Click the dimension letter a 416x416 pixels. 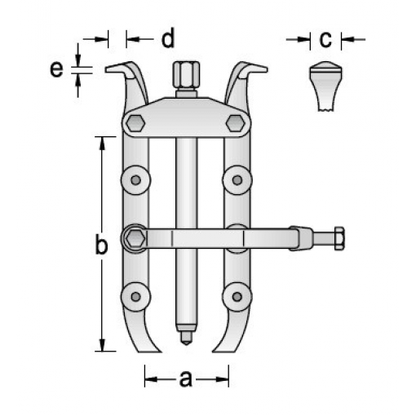(186, 378)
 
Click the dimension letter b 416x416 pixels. (101, 244)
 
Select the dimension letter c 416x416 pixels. (325, 39)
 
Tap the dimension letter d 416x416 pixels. (168, 38)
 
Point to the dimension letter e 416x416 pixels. (56, 69)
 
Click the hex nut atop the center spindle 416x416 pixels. (186, 74)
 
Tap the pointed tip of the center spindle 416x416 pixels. (186, 342)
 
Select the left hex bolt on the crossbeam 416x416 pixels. (135, 123)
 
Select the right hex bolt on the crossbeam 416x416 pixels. (235, 123)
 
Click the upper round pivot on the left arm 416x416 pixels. (135, 179)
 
